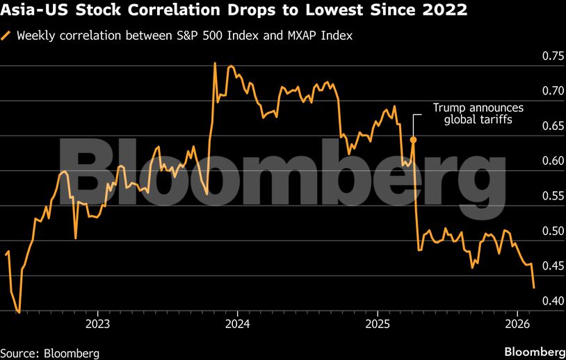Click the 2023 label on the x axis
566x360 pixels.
[98, 324]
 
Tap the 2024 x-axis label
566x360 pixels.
[238, 324]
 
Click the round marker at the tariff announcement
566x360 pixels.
[413, 140]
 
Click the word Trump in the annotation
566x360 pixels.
[449, 108]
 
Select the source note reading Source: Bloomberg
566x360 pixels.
[50, 352]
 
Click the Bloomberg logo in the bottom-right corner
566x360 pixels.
[533, 351]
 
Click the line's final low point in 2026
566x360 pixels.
[533, 287]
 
